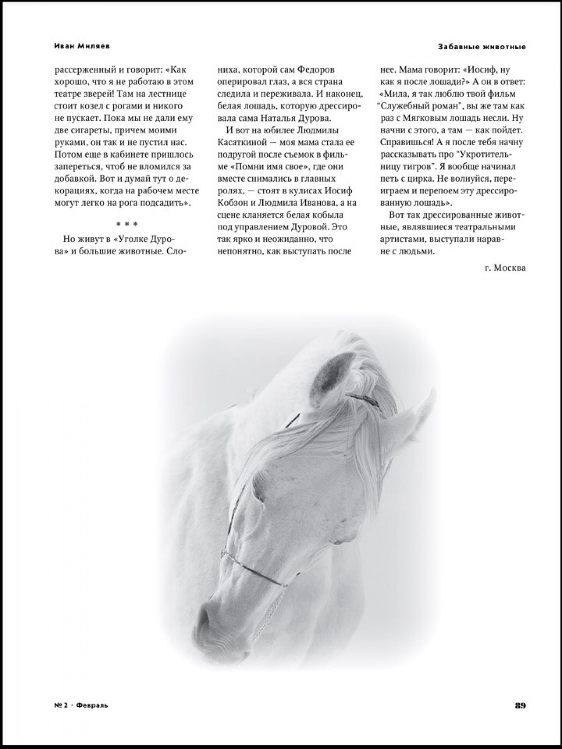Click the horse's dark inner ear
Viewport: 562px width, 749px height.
[x=332, y=372]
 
